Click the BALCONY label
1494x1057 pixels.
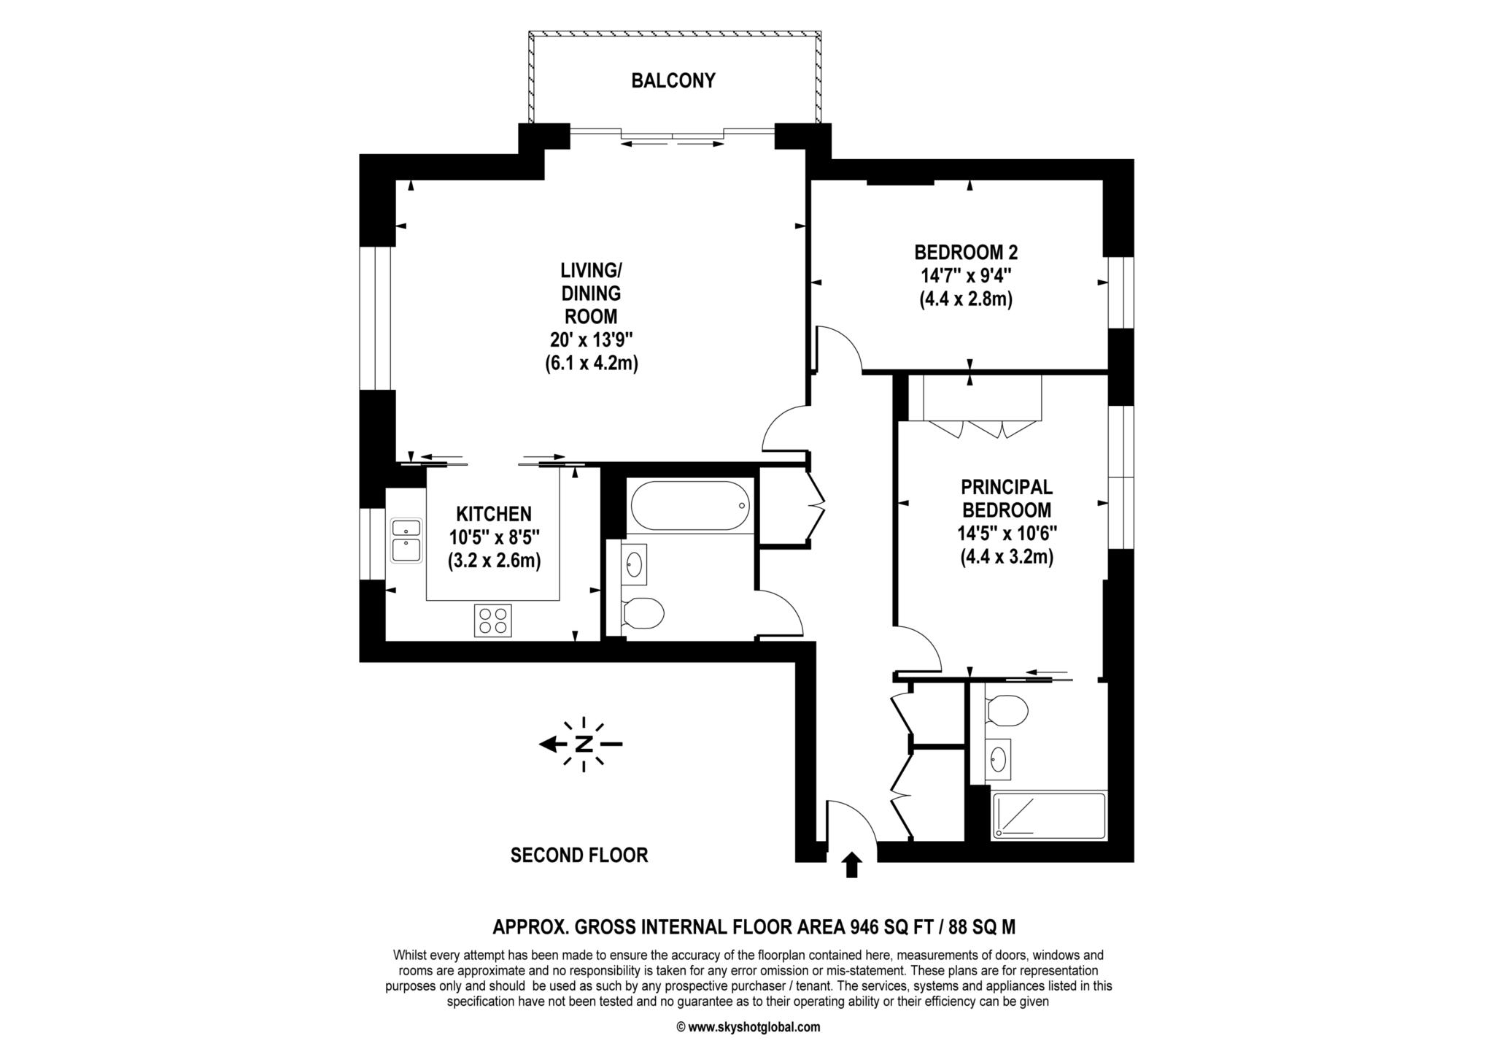click(673, 80)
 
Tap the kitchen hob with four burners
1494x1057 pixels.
click(493, 620)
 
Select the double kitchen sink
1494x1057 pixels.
click(406, 540)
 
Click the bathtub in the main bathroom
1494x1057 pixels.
click(689, 505)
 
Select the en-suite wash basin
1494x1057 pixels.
click(997, 760)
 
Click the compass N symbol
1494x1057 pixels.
click(583, 744)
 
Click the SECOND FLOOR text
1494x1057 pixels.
click(578, 855)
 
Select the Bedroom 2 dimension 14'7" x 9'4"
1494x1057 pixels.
click(966, 276)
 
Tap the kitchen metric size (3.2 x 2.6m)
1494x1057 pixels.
click(494, 561)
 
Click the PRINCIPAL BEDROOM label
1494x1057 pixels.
click(1006, 498)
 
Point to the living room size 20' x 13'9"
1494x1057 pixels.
click(591, 339)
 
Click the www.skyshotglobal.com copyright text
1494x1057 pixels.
click(748, 1027)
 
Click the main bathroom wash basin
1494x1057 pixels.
click(635, 564)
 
